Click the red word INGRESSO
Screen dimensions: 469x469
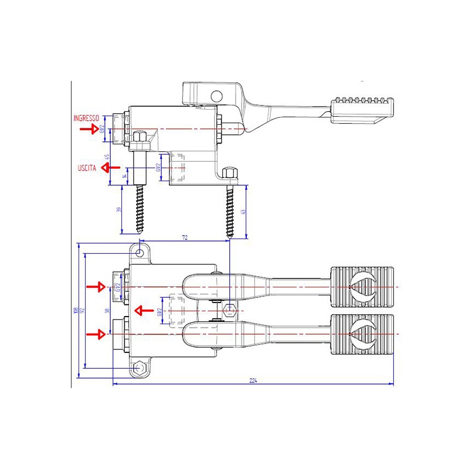(x=86, y=118)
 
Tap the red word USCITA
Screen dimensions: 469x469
(x=87, y=168)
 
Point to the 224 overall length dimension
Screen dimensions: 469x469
(x=253, y=381)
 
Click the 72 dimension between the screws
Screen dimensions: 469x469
(x=185, y=237)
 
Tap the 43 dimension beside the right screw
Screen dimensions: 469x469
(x=250, y=211)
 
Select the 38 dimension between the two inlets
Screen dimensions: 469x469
(x=107, y=310)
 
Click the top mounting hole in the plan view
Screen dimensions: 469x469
(x=140, y=252)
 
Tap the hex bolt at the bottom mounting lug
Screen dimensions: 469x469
(x=139, y=368)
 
